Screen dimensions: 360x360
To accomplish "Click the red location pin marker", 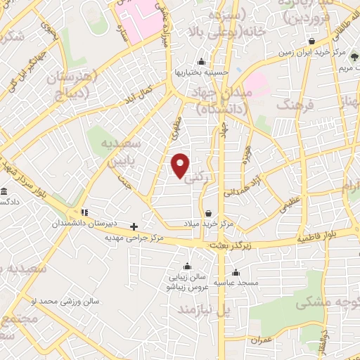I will point(181,165).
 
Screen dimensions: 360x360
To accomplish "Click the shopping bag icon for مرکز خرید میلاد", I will point(208,212).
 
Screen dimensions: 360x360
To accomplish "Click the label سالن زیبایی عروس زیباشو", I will point(186,281).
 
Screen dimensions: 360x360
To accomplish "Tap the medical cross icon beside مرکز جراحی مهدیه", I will point(134,226).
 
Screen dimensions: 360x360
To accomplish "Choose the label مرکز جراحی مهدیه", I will point(134,238).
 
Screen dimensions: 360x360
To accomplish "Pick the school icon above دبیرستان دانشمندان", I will point(84,212).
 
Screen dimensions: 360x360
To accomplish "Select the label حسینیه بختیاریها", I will point(202,71).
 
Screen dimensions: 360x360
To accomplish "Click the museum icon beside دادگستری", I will point(4,191).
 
